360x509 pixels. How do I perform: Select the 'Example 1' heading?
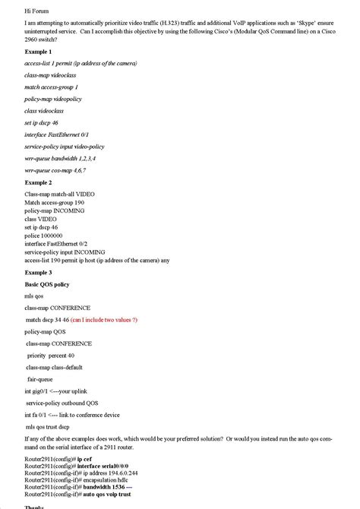[x=39, y=51]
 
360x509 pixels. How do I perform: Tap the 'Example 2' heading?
[x=39, y=183]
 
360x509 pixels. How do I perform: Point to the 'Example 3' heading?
[x=39, y=272]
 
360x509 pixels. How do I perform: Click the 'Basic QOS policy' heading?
[x=47, y=284]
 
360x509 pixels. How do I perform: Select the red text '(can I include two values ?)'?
[x=103, y=321]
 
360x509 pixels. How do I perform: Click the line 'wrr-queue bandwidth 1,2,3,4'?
[x=60, y=158]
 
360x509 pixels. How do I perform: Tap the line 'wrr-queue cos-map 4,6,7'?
[x=55, y=170]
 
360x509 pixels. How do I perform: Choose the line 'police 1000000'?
[x=44, y=235]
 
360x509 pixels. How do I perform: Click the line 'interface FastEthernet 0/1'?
[x=57, y=134]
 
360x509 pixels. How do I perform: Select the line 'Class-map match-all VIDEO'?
[x=59, y=194]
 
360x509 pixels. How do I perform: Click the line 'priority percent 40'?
[x=51, y=356]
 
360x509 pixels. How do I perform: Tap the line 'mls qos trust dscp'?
[x=54, y=427]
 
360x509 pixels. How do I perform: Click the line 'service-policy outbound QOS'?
[x=62, y=403]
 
